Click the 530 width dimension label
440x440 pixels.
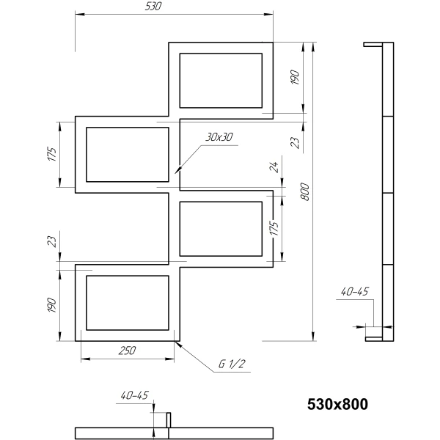pyautogui.click(x=153, y=6)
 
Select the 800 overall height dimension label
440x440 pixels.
pyautogui.click(x=305, y=191)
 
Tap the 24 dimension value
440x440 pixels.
pyautogui.click(x=274, y=166)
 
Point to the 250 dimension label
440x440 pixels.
pyautogui.click(x=127, y=351)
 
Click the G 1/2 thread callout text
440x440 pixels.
pyautogui.click(x=232, y=364)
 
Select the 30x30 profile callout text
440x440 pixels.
pyautogui.click(x=219, y=137)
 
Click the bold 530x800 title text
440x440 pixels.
pyautogui.click(x=337, y=404)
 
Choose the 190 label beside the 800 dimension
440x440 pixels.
pyautogui.click(x=294, y=78)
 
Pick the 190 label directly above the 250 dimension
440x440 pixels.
pyautogui.click(x=53, y=305)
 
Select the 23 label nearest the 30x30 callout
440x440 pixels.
pyautogui.click(x=296, y=143)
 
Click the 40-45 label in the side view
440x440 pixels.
pyautogui.click(x=354, y=292)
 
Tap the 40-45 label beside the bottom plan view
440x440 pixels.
pyautogui.click(x=134, y=395)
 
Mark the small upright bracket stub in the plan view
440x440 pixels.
pyautogui.click(x=169, y=420)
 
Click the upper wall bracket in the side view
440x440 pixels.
pyautogui.click(x=373, y=44)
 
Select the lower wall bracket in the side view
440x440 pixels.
pyautogui.click(x=374, y=339)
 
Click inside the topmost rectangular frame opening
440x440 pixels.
pyautogui.click(x=221, y=81)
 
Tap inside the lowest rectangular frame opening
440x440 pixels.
pyautogui.click(x=128, y=303)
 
